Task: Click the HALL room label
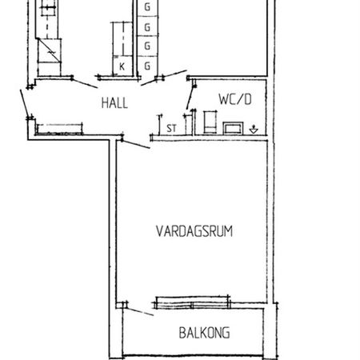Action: point(114,102)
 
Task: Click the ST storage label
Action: point(171,126)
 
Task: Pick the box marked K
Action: point(122,66)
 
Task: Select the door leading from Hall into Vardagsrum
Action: point(135,142)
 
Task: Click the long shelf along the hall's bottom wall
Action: point(61,126)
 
